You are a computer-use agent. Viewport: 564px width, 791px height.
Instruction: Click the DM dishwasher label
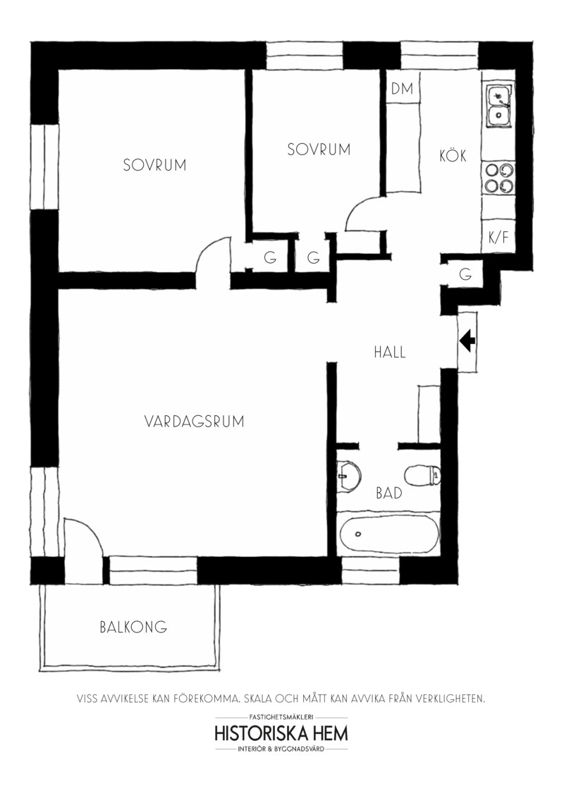point(402,89)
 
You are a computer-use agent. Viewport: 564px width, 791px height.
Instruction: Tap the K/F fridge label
point(498,237)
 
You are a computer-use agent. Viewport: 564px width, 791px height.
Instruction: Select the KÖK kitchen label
point(453,156)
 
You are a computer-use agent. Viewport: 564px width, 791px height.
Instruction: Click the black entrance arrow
point(467,341)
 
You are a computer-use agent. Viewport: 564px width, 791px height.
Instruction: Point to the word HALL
point(390,352)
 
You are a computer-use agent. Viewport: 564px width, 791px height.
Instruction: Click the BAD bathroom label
point(389,493)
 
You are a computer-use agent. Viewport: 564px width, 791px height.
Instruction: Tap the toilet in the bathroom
point(422,475)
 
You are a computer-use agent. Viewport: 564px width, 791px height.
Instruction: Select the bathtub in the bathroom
point(389,534)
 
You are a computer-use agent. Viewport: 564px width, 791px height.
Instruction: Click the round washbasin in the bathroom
point(349,475)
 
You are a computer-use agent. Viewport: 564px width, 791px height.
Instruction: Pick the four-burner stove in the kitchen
point(499,178)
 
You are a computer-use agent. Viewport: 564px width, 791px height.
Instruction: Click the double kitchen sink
point(499,106)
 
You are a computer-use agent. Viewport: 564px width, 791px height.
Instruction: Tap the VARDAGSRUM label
point(194,421)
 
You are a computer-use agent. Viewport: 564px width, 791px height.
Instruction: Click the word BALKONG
point(133,627)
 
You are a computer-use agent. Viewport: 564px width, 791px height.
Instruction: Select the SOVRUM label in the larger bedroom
point(155,165)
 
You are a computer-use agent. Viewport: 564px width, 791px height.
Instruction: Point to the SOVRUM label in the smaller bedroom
point(319,149)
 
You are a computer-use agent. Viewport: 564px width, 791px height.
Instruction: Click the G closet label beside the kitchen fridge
point(465,274)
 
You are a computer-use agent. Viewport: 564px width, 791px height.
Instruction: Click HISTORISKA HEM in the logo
point(281,733)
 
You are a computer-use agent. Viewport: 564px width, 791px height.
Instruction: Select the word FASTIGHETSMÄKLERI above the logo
point(281,717)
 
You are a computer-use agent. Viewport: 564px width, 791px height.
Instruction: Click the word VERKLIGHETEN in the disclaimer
point(446,699)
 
